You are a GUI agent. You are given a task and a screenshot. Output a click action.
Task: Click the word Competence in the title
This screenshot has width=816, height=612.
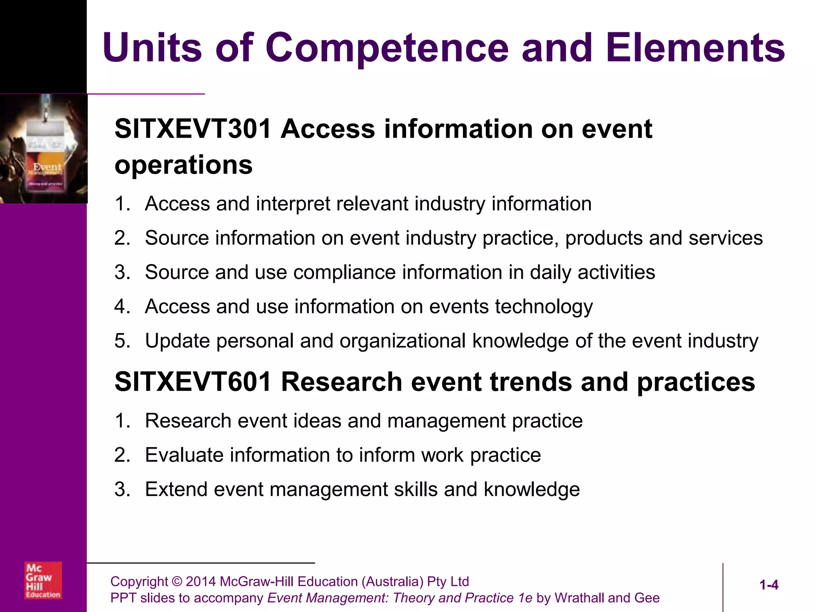coord(387,48)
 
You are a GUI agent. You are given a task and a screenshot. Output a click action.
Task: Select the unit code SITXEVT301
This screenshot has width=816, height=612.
coord(193,129)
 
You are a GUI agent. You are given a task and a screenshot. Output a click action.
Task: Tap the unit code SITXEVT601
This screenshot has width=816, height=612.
coord(193,382)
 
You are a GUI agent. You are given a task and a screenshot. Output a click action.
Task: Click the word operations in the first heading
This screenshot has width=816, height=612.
coord(183,165)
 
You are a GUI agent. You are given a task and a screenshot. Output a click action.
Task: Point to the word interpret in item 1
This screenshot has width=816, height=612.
coord(292,204)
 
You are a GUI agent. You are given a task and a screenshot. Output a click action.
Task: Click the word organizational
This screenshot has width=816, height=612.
coord(402,341)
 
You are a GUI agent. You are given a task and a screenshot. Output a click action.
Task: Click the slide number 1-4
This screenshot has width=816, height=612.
coord(769,585)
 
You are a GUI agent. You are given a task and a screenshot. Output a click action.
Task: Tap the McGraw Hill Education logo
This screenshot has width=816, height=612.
coord(43,580)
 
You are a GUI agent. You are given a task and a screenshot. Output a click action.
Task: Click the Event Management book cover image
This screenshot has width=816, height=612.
coord(44,149)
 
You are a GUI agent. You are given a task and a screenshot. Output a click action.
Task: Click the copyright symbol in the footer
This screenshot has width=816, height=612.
coord(177,582)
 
